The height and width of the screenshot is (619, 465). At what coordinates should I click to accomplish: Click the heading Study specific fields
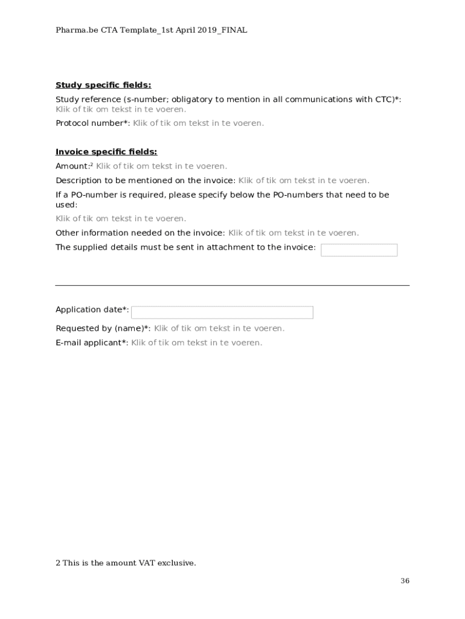pyautogui.click(x=103, y=85)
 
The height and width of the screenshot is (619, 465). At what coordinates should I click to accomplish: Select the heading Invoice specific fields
pyautogui.click(x=106, y=152)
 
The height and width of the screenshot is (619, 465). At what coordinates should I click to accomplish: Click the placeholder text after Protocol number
pyautogui.click(x=198, y=123)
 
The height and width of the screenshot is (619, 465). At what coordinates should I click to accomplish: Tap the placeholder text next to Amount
pyautogui.click(x=162, y=166)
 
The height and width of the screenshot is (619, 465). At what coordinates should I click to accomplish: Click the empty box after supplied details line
pyautogui.click(x=359, y=250)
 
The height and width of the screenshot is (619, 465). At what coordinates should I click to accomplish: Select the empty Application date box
pyautogui.click(x=222, y=313)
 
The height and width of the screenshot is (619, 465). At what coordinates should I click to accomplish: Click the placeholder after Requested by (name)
pyautogui.click(x=219, y=328)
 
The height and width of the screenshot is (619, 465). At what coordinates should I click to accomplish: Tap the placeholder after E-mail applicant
pyautogui.click(x=197, y=343)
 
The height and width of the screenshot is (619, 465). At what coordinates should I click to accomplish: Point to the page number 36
pyautogui.click(x=405, y=581)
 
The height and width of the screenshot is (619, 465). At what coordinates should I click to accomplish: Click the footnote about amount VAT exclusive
pyautogui.click(x=126, y=563)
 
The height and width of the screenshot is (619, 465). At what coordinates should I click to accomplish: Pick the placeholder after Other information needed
pyautogui.click(x=293, y=233)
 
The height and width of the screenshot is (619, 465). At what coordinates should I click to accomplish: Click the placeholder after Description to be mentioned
pyautogui.click(x=304, y=180)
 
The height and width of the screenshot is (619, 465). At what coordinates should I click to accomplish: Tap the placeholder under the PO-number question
pyautogui.click(x=121, y=219)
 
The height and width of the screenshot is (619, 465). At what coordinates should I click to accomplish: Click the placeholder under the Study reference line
pyautogui.click(x=121, y=109)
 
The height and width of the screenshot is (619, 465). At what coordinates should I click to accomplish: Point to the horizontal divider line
pyautogui.click(x=232, y=285)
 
